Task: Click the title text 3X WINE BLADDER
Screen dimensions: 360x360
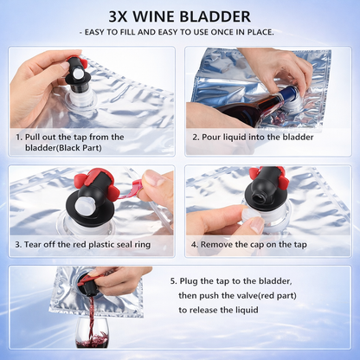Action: click(180, 16)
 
